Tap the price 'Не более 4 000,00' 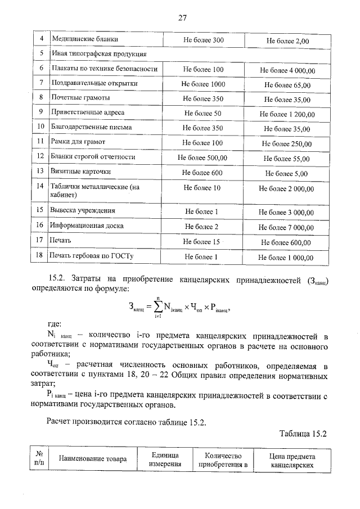[x=287, y=70]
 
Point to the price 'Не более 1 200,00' [x=287, y=114]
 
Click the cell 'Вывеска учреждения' [x=83, y=211]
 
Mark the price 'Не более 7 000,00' [x=287, y=227]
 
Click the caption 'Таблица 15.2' [x=303, y=433]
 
